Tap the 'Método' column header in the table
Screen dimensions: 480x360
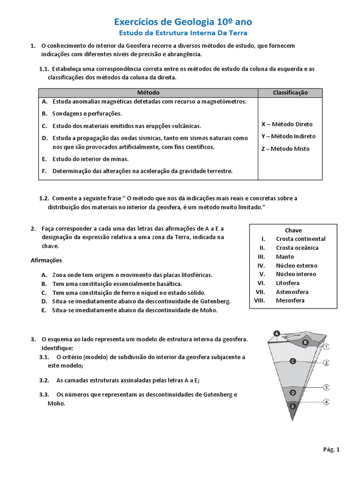tap(149, 93)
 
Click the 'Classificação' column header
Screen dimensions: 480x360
tap(290, 93)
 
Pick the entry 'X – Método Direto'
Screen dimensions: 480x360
tap(287, 124)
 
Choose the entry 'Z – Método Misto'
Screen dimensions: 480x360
tap(285, 149)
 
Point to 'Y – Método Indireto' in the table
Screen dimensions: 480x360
tap(288, 136)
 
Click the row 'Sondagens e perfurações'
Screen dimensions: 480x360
tap(87, 113)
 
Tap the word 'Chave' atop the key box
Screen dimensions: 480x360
tap(293, 230)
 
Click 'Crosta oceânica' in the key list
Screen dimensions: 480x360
tap(297, 247)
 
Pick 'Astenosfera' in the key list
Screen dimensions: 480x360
tap(292, 292)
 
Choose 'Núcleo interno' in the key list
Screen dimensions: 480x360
tap(296, 274)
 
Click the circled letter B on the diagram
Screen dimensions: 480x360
tap(305, 343)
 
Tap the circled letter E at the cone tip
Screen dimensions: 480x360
tap(293, 406)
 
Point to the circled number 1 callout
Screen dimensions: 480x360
tap(327, 347)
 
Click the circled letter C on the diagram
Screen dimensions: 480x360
tap(292, 361)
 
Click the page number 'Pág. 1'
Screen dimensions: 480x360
tap(331, 450)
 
